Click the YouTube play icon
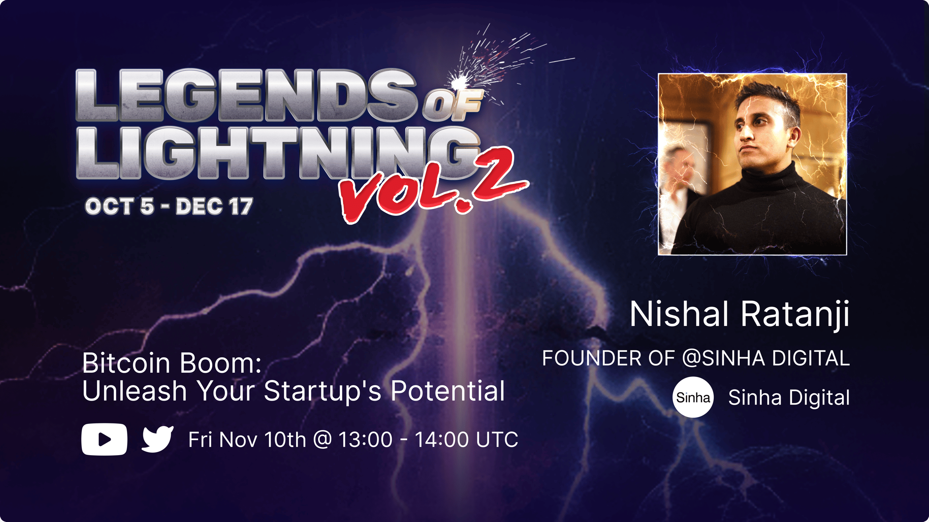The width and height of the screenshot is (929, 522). click(104, 439)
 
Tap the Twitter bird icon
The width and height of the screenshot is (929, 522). click(158, 439)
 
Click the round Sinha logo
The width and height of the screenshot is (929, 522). click(693, 397)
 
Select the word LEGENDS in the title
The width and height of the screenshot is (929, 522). click(246, 95)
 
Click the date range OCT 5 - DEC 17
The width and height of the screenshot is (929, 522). click(169, 206)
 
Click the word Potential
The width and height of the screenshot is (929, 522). click(447, 391)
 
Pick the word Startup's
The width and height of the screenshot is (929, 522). click(323, 391)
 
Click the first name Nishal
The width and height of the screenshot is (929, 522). click(679, 314)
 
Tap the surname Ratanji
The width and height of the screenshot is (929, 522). click(795, 315)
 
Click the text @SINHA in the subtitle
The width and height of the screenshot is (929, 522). click(723, 358)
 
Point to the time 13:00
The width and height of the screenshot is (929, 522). click(365, 440)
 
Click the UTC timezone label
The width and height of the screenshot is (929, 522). click(497, 440)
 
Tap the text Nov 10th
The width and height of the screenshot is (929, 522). click(262, 440)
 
